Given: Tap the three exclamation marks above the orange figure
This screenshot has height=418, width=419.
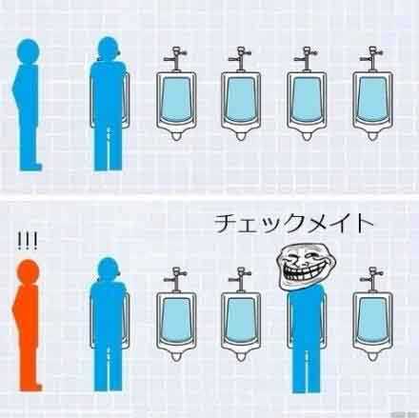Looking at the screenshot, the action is pyautogui.click(x=28, y=241).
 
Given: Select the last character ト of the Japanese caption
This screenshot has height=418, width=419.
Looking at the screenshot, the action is pyautogui.click(x=364, y=224).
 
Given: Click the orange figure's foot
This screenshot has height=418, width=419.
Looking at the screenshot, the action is pyautogui.click(x=34, y=388).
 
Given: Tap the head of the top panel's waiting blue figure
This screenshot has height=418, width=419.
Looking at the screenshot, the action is pyautogui.click(x=29, y=50).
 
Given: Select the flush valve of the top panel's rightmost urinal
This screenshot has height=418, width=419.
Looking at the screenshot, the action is pyautogui.click(x=371, y=58).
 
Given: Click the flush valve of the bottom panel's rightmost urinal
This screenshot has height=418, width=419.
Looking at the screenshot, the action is pyautogui.click(x=371, y=279).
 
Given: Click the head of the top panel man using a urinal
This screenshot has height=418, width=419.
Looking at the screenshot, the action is pyautogui.click(x=109, y=49).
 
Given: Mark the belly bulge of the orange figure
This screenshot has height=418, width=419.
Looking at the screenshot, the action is pyautogui.click(x=15, y=308).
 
